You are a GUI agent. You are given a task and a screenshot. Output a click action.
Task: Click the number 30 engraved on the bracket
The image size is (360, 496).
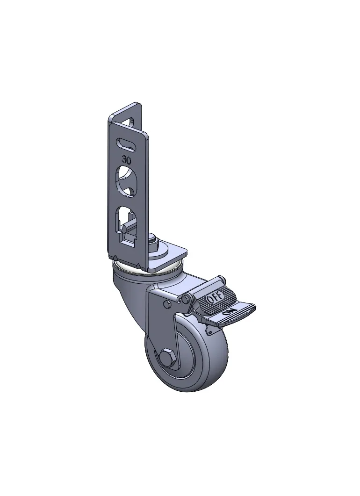point(127,160)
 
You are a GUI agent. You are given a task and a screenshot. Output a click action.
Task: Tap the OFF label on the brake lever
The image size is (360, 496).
point(215,297)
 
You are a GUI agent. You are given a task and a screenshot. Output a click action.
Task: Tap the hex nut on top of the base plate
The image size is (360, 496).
point(153,241)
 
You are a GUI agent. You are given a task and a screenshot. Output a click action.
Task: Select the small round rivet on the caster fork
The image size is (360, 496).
point(166,304)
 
